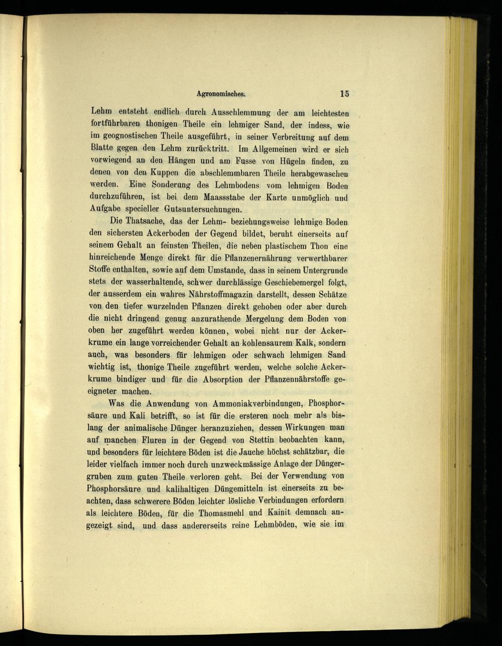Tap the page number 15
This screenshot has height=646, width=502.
pos(344,93)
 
